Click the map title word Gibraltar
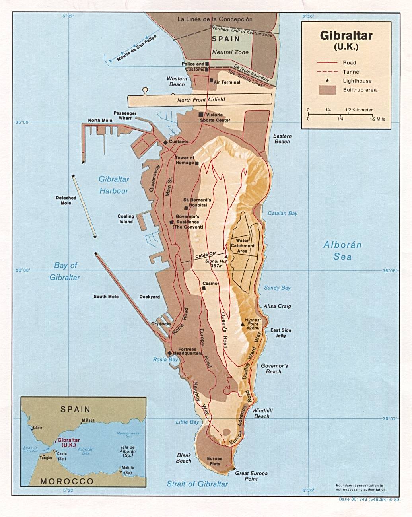[346, 36]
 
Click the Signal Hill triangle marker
[226, 257]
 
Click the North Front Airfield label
[201, 100]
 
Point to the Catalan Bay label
[282, 213]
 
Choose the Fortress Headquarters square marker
[170, 353]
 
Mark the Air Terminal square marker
[211, 80]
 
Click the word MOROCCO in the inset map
[67, 481]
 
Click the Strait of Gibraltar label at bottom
[197, 484]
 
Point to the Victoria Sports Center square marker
[201, 115]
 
